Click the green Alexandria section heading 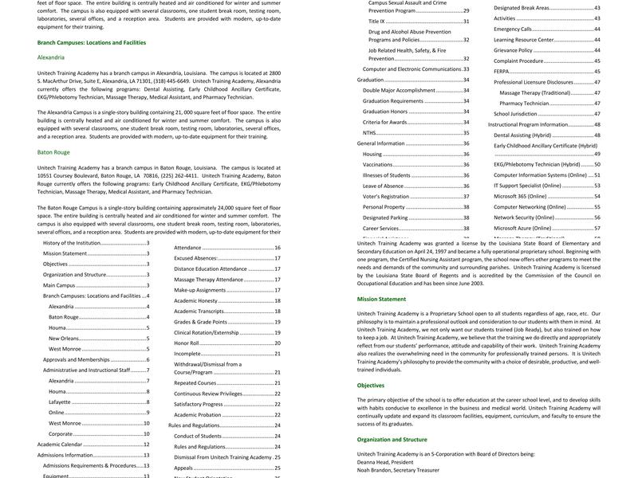[51, 58]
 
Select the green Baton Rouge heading [53, 151]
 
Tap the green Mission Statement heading [381, 300]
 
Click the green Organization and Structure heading [392, 439]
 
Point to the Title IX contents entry [376, 22]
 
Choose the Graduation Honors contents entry [385, 112]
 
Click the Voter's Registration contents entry [386, 196]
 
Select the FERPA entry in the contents [502, 71]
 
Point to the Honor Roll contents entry [187, 343]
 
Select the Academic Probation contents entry [198, 415]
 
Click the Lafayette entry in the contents [60, 402]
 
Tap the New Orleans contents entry [64, 338]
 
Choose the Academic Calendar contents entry [60, 445]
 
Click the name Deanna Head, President [384, 462]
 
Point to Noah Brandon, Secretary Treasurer [398, 470]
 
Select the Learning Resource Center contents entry [523, 39]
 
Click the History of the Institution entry [72, 243]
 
